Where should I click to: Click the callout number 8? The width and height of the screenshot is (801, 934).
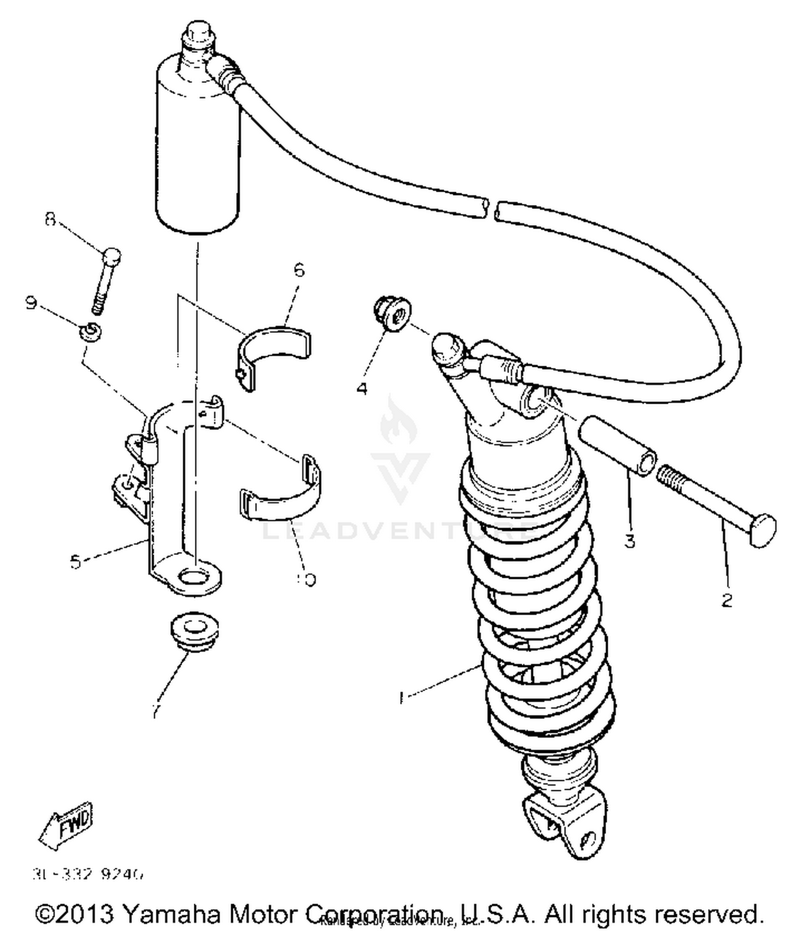point(50,219)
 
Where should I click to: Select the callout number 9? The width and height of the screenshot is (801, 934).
point(32,303)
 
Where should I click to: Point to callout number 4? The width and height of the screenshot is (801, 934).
point(362,388)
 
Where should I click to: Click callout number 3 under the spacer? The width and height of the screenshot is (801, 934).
point(630,541)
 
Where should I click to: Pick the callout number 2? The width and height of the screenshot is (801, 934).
point(727,600)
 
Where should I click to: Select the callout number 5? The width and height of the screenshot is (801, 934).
point(76,561)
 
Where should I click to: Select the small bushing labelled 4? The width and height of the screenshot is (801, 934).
point(392,315)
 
